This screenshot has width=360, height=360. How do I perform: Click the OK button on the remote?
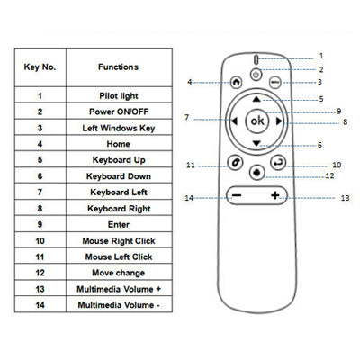pyautogui.click(x=257, y=121)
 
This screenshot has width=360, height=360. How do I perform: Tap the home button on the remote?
pyautogui.click(x=236, y=81)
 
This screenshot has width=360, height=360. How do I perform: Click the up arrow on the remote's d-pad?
pyautogui.click(x=257, y=98)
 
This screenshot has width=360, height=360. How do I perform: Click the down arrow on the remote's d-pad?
pyautogui.click(x=257, y=143)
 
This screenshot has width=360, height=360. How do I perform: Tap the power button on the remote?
pyautogui.click(x=257, y=72)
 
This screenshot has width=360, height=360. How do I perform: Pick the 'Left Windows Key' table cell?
pyautogui.click(x=119, y=128)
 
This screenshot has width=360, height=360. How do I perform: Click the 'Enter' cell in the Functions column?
pyautogui.click(x=119, y=224)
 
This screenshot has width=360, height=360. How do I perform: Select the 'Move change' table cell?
pyautogui.click(x=119, y=273)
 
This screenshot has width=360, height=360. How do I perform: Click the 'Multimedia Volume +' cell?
pyautogui.click(x=119, y=289)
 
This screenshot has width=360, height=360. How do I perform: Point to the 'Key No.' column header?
pyautogui.click(x=40, y=67)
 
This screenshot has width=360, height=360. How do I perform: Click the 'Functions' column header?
pyautogui.click(x=119, y=67)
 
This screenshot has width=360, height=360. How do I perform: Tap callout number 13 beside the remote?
pyautogui.click(x=344, y=197)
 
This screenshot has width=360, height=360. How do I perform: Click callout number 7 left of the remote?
pyautogui.click(x=186, y=118)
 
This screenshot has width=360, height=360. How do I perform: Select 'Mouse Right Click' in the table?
pyautogui.click(x=119, y=240)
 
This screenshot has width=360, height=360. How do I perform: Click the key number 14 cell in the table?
pyautogui.click(x=40, y=305)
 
